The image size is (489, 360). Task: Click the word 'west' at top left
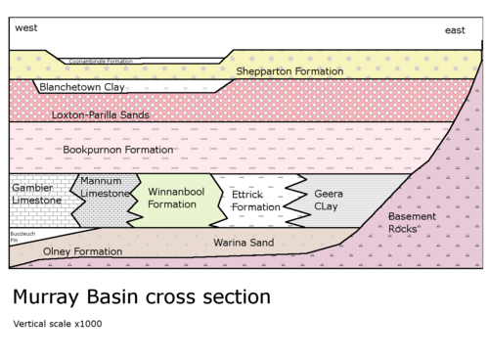[x=26, y=28]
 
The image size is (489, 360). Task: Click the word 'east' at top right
[x=455, y=30]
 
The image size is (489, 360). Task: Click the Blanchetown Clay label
[x=82, y=87]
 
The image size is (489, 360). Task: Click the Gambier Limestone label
[x=36, y=194]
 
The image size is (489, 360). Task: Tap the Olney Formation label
[x=83, y=251]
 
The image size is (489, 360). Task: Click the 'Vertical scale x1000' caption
[x=58, y=324]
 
